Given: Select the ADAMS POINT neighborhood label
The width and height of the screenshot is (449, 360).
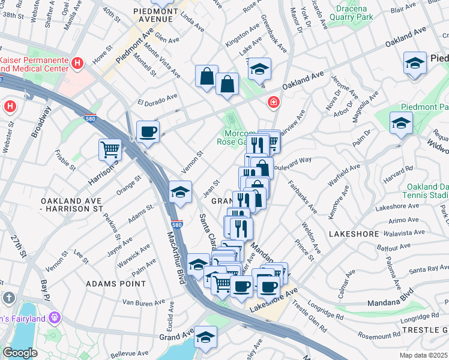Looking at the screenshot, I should coord(115,283).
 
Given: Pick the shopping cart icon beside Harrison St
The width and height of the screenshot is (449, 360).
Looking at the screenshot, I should coord(110,149).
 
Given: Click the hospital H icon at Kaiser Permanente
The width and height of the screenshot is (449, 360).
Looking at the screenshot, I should coord(77,62).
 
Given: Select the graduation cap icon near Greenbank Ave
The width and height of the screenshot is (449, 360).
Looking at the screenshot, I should coord(259,68).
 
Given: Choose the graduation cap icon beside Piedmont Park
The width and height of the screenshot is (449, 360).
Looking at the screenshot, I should coord(401,122).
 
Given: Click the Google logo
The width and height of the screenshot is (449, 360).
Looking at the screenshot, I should coord(20,352).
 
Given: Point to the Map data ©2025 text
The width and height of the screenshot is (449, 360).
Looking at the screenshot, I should coord(424,355).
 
